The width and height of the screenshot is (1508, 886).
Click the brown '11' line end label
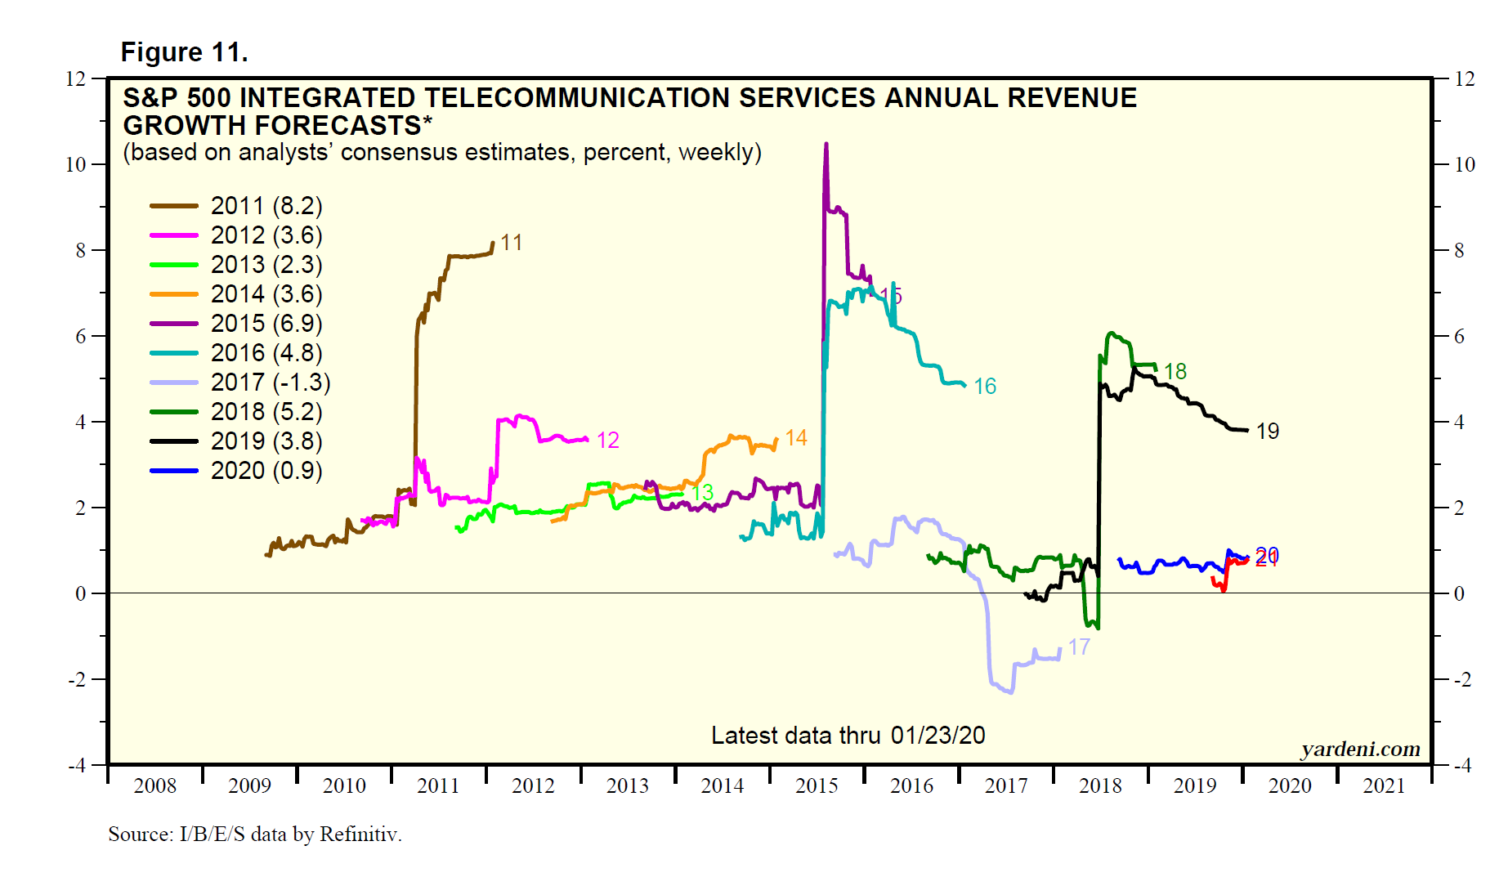(512, 243)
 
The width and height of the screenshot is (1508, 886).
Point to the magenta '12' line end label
(608, 441)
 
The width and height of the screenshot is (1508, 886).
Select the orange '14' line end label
(796, 438)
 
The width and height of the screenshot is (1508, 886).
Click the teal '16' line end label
(985, 387)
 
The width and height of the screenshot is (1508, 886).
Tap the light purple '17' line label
(1079, 647)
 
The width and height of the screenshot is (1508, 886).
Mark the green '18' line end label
(1175, 372)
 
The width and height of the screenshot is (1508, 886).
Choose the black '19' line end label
(1268, 432)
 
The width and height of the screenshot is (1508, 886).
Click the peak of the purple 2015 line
(826, 145)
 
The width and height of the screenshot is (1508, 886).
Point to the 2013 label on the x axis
(628, 786)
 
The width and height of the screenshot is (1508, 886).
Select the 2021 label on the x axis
(1384, 786)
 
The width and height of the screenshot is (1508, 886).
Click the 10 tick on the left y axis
(75, 164)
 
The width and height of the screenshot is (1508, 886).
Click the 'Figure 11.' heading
(184, 52)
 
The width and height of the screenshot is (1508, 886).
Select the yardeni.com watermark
(1360, 749)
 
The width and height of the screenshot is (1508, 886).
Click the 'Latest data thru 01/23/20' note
(848, 736)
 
